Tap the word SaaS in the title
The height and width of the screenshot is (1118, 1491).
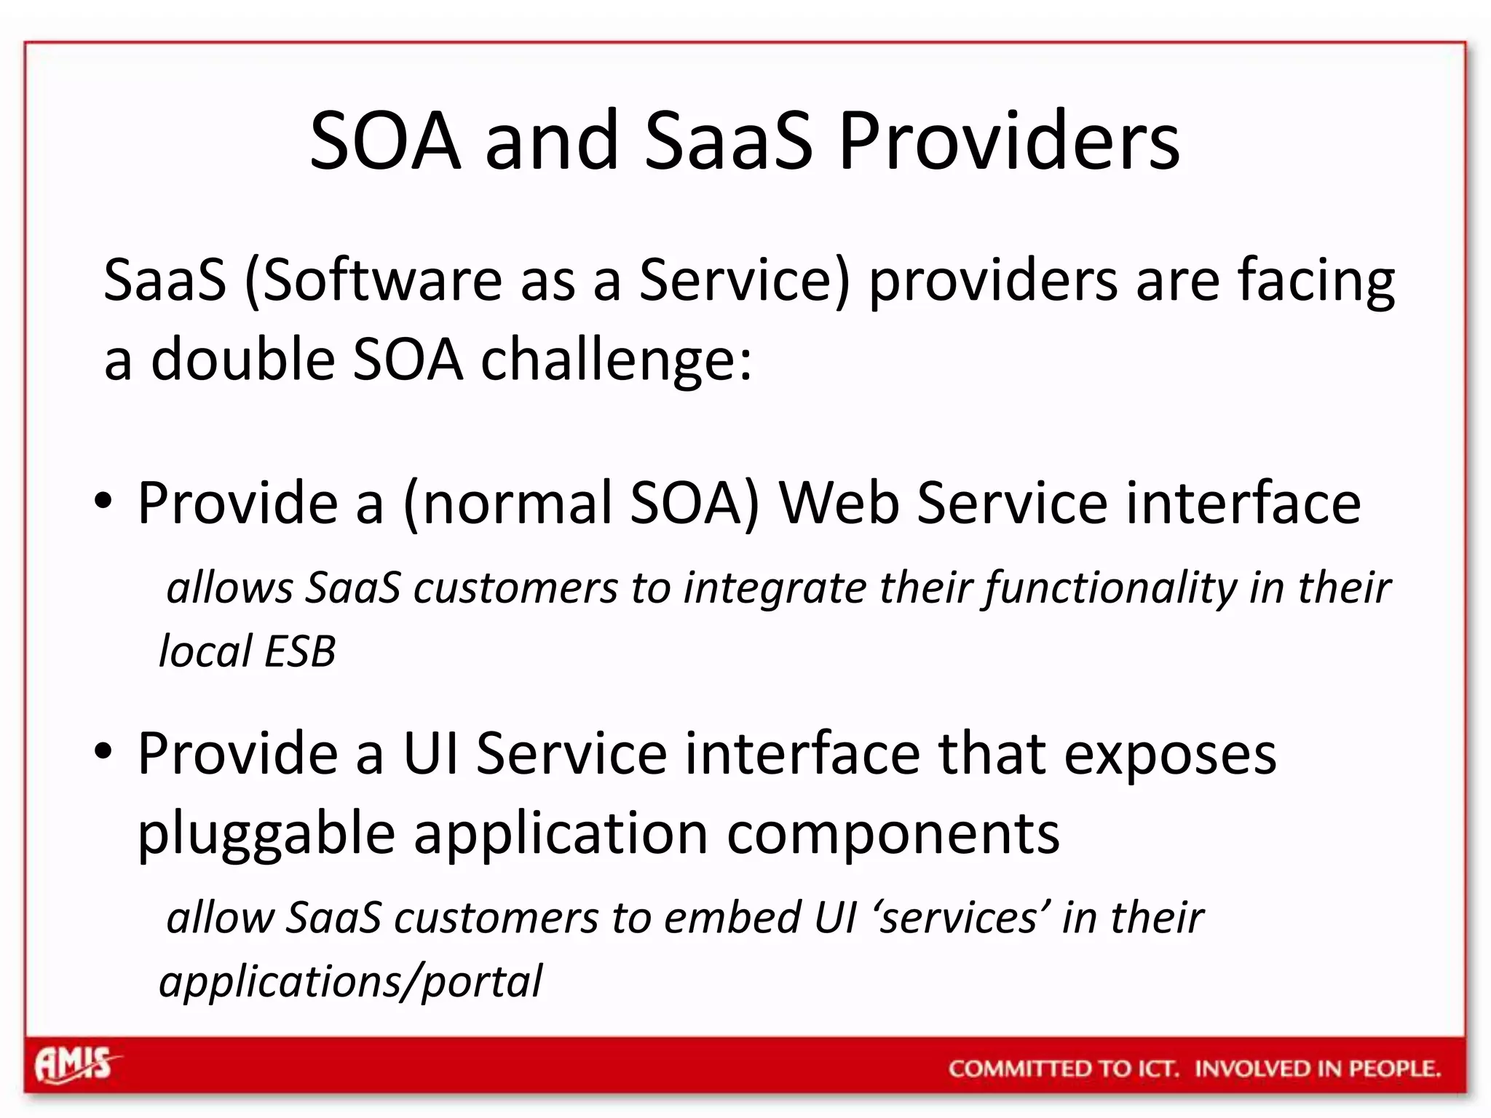728,141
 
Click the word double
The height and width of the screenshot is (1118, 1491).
242,360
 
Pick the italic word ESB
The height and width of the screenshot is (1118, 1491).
299,651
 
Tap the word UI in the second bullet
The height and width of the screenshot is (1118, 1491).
431,753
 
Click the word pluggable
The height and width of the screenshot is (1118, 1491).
266,835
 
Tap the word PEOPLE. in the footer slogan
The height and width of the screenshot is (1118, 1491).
1394,1069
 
